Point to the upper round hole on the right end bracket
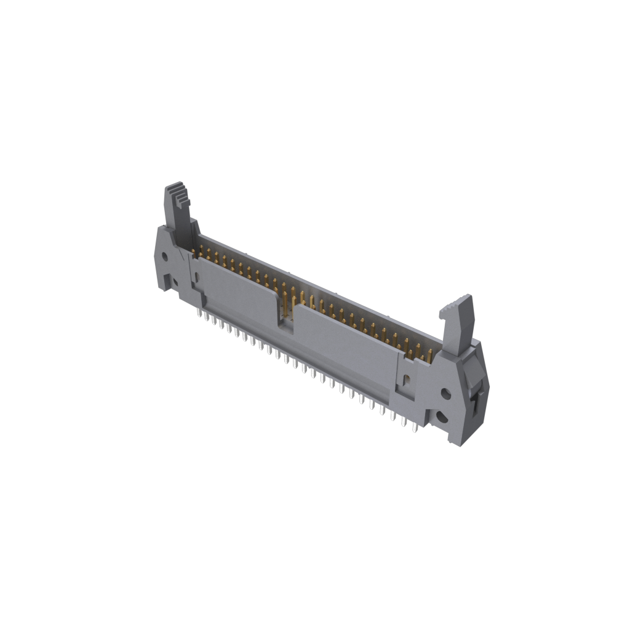tap(446, 392)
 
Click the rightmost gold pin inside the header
tap(430, 353)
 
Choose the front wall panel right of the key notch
tap(345, 345)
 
